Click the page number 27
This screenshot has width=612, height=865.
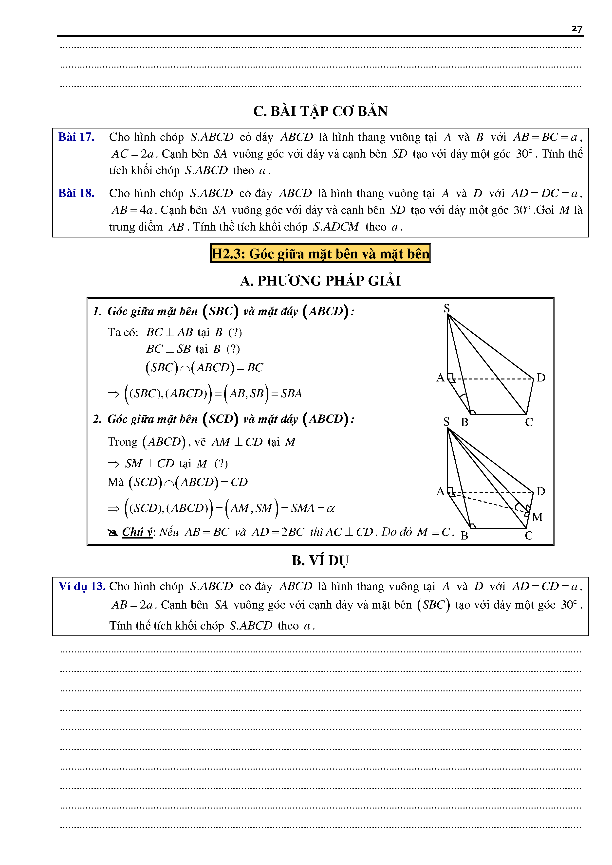[x=576, y=29]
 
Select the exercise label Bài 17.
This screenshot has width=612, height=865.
[x=76, y=137]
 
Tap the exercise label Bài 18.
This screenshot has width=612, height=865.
[x=76, y=193]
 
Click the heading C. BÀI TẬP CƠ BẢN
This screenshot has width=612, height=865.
[x=320, y=111]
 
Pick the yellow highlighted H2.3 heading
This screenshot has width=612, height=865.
[x=320, y=253]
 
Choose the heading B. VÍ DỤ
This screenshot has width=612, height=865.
[x=320, y=560]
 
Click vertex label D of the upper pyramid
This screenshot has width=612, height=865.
[x=541, y=378]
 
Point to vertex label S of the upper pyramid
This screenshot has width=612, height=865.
[x=446, y=308]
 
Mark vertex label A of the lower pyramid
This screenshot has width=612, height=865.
[x=440, y=491]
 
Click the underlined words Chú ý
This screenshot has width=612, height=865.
[x=137, y=532]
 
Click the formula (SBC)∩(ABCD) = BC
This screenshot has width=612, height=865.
[x=204, y=368]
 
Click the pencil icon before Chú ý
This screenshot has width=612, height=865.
[x=113, y=533]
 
